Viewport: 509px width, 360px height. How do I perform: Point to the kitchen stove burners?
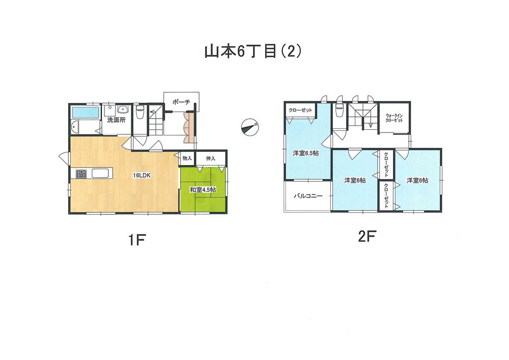pyautogui.click(x=82, y=174)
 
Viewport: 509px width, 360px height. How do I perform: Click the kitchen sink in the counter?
pyautogui.click(x=101, y=174)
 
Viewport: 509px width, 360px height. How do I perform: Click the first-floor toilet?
pyautogui.click(x=139, y=113)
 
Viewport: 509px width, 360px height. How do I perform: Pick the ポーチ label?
pyautogui.click(x=181, y=102)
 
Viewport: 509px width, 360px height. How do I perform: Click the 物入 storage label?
pyautogui.click(x=187, y=159)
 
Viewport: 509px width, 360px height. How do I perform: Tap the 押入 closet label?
pyautogui.click(x=211, y=159)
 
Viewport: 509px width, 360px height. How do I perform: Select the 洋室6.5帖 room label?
pyautogui.click(x=305, y=152)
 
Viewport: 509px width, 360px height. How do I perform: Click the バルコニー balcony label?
pyautogui.click(x=307, y=196)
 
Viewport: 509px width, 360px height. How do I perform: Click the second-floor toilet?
pyautogui.click(x=340, y=113)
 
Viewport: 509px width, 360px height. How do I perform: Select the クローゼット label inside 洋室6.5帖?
pyautogui.click(x=299, y=110)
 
